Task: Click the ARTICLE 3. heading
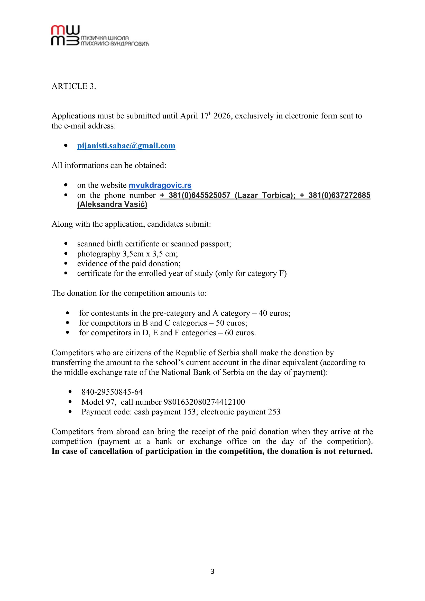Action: point(73,86)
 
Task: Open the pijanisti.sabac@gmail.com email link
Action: point(126,145)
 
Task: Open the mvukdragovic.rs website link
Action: point(160,185)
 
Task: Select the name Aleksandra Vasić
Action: point(112,205)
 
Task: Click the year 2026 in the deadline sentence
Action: point(222,116)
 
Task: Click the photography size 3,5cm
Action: point(133,254)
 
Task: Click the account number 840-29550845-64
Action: point(112,392)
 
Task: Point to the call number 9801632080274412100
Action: point(204,402)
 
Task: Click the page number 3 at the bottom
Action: point(212,571)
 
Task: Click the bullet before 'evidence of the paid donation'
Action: point(66,264)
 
